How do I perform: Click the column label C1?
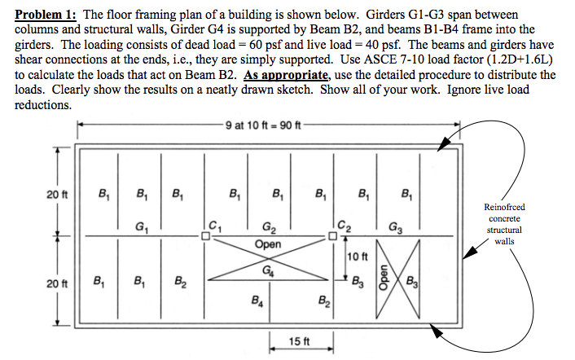click(x=214, y=222)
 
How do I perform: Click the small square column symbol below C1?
click(x=206, y=236)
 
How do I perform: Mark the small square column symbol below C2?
click(x=332, y=236)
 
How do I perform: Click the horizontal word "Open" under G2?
click(x=268, y=244)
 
